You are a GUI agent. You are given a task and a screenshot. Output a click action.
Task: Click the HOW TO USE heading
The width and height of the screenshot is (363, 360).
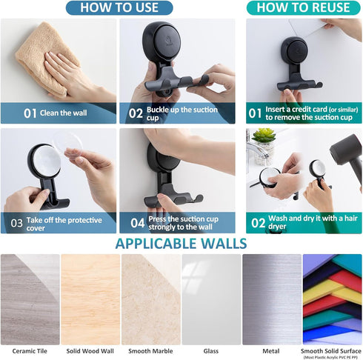click(x=119, y=8)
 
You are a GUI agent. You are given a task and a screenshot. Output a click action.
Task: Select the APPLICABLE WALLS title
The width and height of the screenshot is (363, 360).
click(x=181, y=244)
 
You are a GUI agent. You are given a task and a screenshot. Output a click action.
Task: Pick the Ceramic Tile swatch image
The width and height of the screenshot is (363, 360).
click(x=30, y=299)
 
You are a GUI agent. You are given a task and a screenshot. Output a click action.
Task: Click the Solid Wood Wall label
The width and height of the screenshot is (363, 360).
click(x=90, y=350)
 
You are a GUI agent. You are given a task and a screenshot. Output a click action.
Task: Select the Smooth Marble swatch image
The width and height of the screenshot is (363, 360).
click(x=150, y=299)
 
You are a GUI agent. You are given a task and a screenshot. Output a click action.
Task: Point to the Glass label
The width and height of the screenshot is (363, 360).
click(x=211, y=350)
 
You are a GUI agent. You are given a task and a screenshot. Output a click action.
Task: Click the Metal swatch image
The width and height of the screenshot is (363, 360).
click(x=271, y=299)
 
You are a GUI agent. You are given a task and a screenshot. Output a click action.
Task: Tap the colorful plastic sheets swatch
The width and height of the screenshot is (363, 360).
click(x=332, y=299)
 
